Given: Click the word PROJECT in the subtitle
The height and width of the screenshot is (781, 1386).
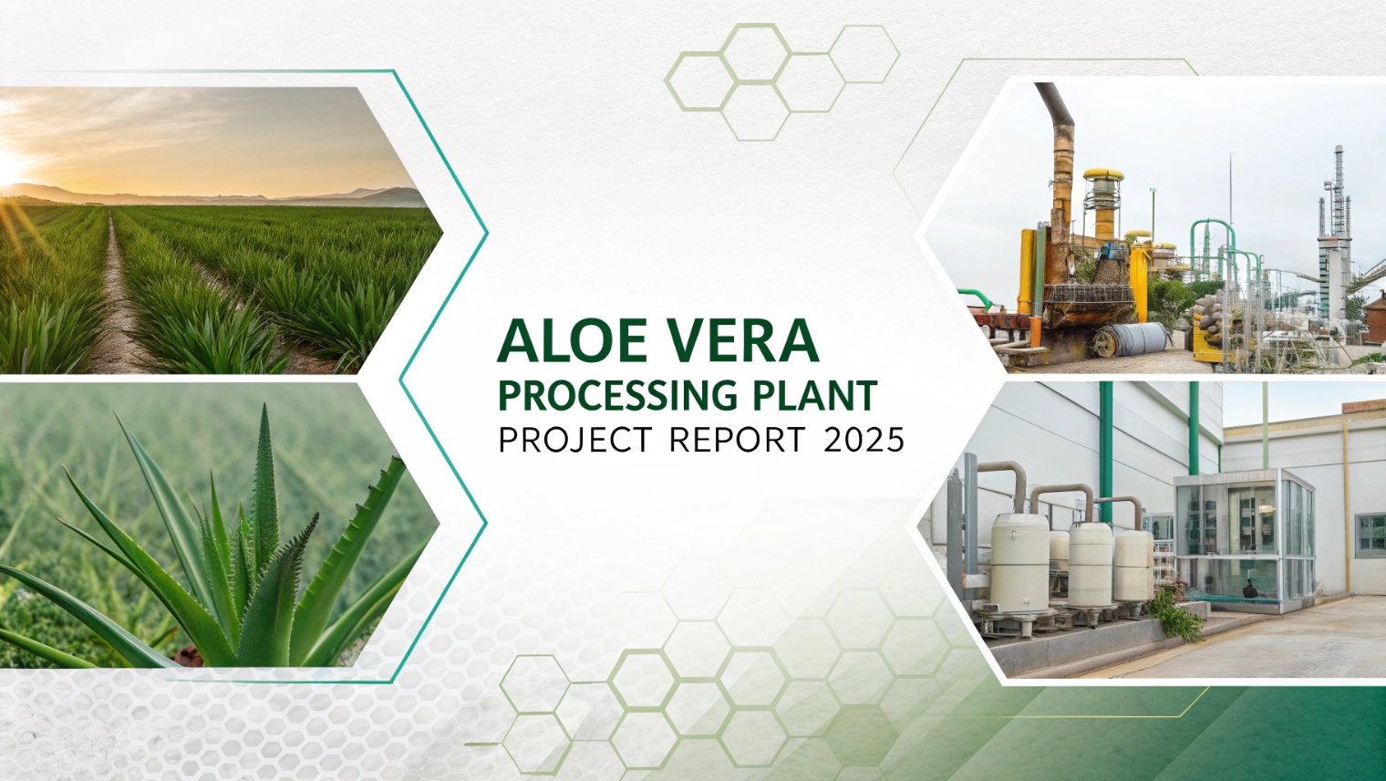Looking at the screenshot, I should (574, 440).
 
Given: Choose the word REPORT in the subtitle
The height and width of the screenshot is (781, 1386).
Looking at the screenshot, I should (737, 440).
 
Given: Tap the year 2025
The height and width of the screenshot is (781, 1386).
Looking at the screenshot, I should (864, 440).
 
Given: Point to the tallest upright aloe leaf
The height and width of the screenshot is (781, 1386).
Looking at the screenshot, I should (265, 484).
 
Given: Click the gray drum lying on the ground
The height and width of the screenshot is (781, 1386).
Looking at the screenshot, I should (1131, 339).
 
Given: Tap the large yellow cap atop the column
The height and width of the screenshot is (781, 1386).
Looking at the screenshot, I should (1102, 176).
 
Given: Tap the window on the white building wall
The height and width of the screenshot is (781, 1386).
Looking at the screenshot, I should (1370, 535).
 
